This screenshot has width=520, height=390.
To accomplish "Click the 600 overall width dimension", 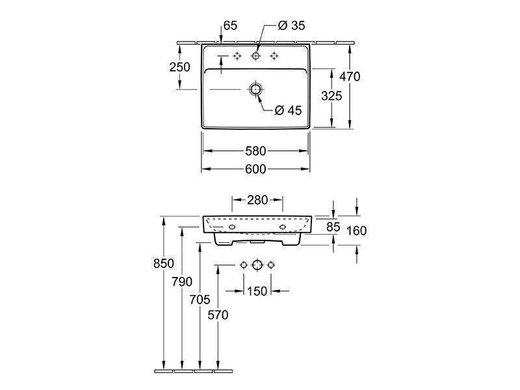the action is pos(255,169).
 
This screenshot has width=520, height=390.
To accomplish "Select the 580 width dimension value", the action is pos(255,151).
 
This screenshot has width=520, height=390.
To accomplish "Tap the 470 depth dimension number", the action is pos(350,77).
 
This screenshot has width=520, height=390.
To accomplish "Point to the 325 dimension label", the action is pos(331,96).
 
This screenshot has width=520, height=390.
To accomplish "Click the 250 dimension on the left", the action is pos(180,67).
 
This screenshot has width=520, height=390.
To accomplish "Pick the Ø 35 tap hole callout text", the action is pos(291,25).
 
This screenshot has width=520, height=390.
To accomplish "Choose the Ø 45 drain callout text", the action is pos(288,110).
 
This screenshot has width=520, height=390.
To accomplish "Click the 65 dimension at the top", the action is pos(231,25).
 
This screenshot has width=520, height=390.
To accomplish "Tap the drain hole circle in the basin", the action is pos(255,89).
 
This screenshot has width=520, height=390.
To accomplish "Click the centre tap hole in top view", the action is pos(255,56).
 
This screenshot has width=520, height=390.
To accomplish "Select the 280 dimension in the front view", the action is pos(257,200).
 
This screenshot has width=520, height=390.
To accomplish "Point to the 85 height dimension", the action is pos(333,227).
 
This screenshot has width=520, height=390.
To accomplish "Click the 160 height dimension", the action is pos(356,231).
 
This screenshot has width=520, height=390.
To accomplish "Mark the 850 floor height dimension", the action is pos(164,263).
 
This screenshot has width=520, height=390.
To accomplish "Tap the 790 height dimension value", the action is pos(182,281).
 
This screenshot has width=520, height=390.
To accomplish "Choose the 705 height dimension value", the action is pos(200,300).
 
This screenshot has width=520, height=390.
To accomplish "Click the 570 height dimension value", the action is pos(218,315).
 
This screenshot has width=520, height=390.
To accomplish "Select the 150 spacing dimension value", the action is pos(257,291).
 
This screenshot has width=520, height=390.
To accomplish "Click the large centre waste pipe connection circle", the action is pos(257,265).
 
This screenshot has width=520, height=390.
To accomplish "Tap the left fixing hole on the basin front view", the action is pos(232,227).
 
